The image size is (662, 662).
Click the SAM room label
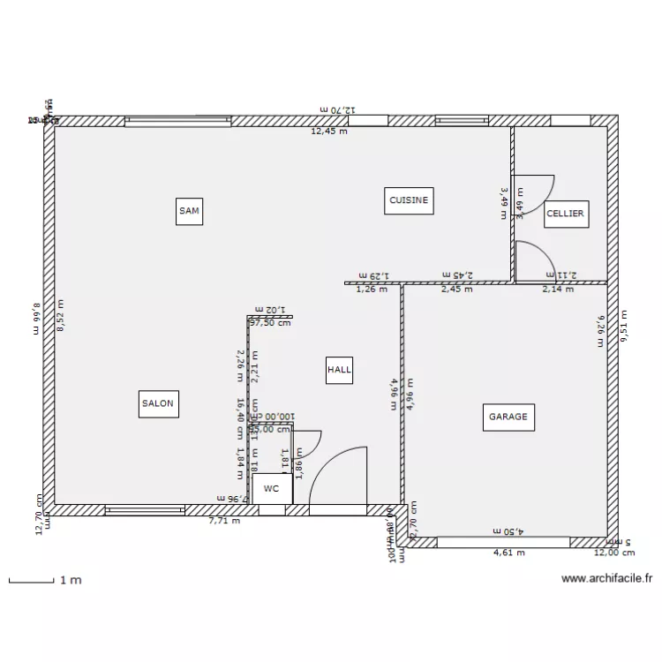pos(189,211)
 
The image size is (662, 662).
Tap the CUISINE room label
pos(409,200)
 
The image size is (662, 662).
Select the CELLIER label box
pos(566,214)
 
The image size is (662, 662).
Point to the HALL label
pos(339,371)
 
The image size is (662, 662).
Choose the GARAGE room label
pos(508,417)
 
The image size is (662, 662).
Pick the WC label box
pos(271,488)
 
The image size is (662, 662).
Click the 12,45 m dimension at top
pos(329,132)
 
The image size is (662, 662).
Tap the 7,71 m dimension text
pos(224,521)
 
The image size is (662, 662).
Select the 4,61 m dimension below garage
pos(509,553)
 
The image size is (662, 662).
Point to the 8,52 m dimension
pos(61,315)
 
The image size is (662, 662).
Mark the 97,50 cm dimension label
pos(271,323)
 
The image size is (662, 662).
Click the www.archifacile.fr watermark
pos(607,580)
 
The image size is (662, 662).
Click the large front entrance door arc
pos(340,477)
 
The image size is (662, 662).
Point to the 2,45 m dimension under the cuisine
pos(456,289)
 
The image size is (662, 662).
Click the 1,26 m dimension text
pos(372,289)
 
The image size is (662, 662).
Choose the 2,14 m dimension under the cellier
pos(558,289)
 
